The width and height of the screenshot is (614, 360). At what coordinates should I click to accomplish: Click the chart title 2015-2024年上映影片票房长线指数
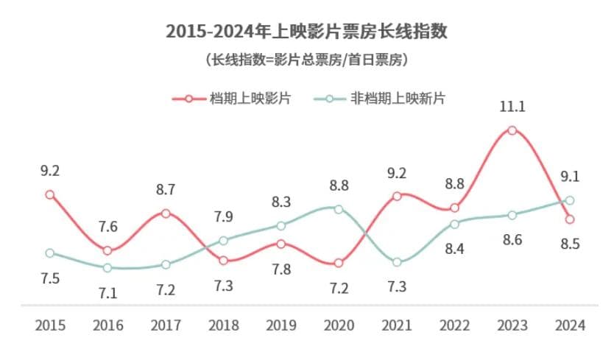[307, 31]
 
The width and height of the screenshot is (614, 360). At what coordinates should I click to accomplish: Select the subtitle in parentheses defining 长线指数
[307, 60]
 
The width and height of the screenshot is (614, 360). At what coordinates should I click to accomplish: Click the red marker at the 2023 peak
[512, 130]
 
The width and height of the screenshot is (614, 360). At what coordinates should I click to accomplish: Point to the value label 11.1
[512, 107]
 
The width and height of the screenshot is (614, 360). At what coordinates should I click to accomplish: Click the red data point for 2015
[50, 194]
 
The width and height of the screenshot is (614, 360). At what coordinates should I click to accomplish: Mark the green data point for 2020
[339, 209]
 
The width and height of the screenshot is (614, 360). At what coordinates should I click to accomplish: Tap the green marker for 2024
[570, 200]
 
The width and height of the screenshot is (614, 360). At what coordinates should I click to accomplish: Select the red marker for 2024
[570, 219]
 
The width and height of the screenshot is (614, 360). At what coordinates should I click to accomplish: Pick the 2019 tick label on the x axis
[281, 325]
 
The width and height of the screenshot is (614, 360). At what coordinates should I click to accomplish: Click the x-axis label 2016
[107, 325]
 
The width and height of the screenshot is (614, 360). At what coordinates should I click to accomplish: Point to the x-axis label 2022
[454, 325]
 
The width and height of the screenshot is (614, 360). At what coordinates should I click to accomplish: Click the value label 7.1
[107, 292]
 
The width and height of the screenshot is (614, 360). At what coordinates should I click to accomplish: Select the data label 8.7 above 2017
[166, 190]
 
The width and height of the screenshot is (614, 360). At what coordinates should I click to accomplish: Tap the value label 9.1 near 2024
[570, 177]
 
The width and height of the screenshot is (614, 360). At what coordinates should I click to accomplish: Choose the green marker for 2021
[397, 262]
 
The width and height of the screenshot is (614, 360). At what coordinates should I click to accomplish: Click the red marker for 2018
[223, 261]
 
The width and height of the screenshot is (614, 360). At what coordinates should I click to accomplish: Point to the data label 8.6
[512, 239]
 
